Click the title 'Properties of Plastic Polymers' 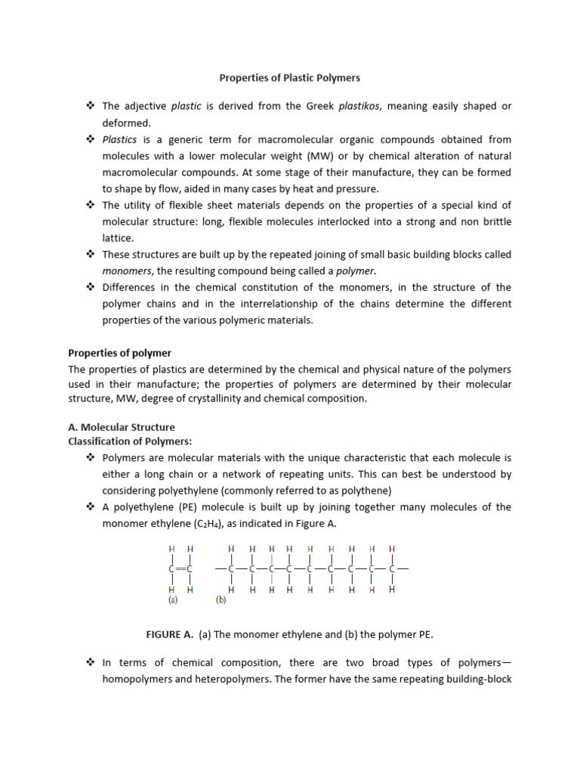290,77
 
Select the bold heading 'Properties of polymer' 120,353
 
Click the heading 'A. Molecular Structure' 122,427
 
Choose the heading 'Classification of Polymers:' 130,441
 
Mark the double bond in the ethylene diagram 180,568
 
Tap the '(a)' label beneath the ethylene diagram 173,602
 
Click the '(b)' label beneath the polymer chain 221,602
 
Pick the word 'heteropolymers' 231,679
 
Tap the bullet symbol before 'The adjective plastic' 90,107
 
